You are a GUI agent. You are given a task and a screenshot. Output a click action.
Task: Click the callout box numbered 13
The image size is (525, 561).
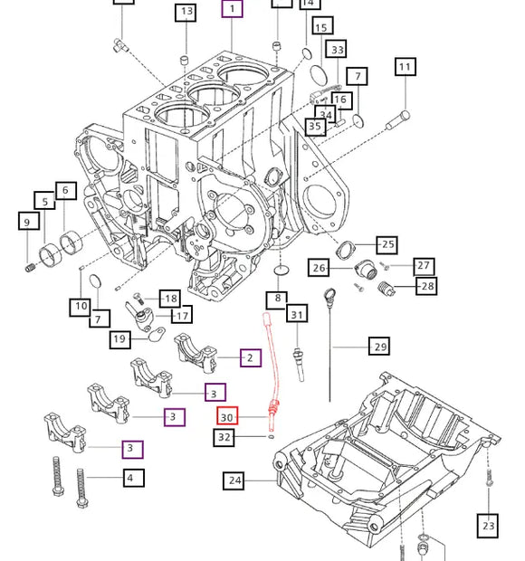coord(186,12)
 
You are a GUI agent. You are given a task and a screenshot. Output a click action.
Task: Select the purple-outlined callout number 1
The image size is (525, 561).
coord(233,10)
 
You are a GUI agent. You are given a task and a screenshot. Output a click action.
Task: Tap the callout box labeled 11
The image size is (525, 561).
coord(405,67)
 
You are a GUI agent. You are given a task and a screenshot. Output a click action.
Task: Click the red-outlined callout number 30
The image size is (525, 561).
coord(227,416)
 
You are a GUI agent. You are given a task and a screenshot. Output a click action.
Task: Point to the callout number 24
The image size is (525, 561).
coord(235,480)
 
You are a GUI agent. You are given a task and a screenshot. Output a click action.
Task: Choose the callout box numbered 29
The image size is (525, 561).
coord(380,347)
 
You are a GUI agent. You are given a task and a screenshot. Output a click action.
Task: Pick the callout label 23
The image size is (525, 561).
coord(489,524)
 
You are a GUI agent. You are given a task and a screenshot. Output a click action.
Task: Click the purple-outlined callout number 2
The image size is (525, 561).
coord(251,357)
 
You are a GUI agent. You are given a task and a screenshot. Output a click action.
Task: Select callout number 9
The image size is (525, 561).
coord(26,222)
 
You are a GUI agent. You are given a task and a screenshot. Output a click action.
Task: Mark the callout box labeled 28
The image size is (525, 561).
coord(426,287)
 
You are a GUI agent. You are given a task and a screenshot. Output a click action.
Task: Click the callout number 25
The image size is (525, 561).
coord(387,245)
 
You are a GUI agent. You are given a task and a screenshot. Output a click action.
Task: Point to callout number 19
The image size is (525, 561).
coord(120,339)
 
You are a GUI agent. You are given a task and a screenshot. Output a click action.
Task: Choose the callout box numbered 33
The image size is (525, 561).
coord(337,51)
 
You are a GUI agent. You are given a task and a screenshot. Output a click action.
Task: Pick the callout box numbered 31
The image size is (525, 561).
coord(297,314)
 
